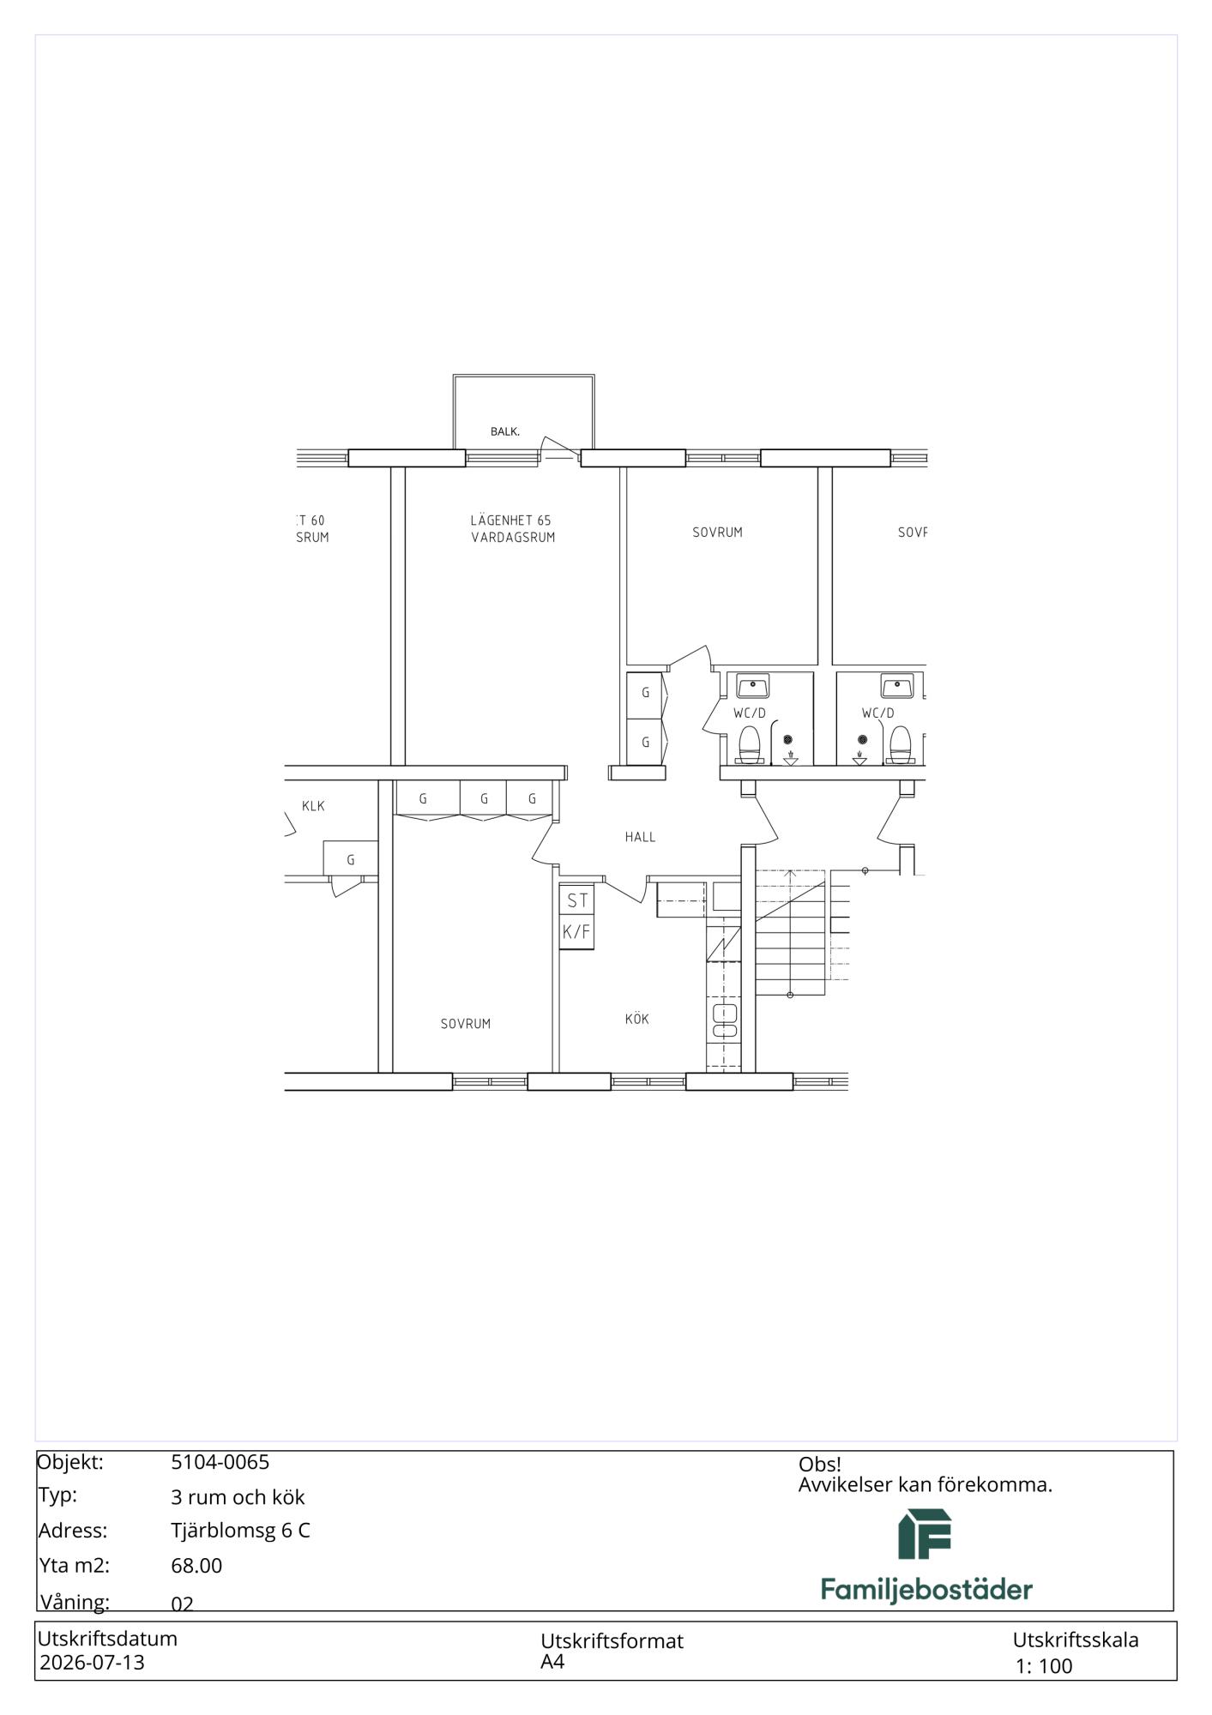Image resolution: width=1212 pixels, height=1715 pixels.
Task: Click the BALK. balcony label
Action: point(505,431)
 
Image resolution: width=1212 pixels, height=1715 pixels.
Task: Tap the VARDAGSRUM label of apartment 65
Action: point(513,538)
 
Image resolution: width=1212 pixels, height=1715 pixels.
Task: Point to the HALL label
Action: point(640,837)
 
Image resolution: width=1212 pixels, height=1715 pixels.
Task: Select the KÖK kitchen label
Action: point(636,1019)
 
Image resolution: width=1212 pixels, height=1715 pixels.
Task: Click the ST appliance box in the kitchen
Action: point(577,900)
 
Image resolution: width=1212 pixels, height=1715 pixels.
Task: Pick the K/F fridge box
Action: point(577,932)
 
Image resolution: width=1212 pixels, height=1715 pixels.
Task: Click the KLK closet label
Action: point(313,806)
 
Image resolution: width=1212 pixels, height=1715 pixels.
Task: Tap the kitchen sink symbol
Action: point(725,1021)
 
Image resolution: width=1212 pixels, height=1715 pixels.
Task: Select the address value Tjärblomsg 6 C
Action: point(240,1531)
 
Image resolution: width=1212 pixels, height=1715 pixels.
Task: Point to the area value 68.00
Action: point(196,1566)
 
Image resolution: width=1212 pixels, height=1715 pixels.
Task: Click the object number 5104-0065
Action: point(220,1462)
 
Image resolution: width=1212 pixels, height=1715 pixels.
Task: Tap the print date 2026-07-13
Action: point(93,1662)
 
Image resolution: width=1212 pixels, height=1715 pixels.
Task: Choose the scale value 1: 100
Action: point(1044,1666)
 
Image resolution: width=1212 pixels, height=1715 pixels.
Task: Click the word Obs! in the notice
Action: point(820,1465)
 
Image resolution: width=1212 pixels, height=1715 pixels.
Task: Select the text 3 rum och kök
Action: point(238,1497)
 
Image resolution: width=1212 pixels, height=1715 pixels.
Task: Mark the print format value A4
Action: point(552,1661)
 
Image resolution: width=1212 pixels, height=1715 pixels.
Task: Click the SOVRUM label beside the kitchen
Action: point(466,1024)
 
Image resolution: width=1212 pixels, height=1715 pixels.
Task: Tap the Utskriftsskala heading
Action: point(1076,1640)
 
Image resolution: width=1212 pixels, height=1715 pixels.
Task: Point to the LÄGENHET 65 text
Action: point(510,521)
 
